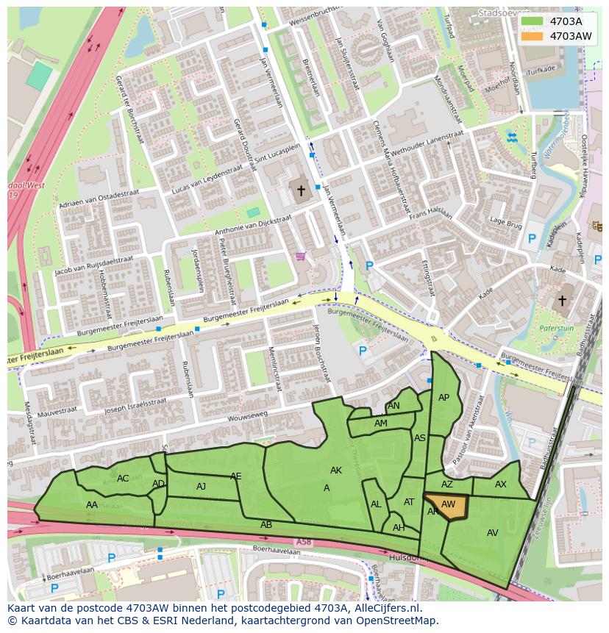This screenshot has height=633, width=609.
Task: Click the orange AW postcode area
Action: pos(446,507)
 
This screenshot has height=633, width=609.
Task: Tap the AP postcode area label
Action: pos(444,398)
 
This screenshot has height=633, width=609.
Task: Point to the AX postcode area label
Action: pos(501,484)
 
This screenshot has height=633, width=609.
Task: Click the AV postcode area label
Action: pos(493,533)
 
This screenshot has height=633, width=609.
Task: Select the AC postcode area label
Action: pos(123,479)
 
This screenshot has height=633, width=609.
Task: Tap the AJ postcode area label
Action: pos(202,487)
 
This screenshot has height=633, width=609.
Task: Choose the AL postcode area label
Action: pos(376,504)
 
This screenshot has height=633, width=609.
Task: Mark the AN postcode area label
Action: pos(393,406)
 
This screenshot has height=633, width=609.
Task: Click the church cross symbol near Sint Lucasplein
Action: pos(300,191)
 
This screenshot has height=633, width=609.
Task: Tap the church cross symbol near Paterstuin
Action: pos(562,301)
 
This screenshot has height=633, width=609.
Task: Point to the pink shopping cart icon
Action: pos(300,257)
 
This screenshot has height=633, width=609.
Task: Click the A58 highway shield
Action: pos(304,542)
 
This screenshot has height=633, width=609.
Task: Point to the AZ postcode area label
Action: pos(447,484)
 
